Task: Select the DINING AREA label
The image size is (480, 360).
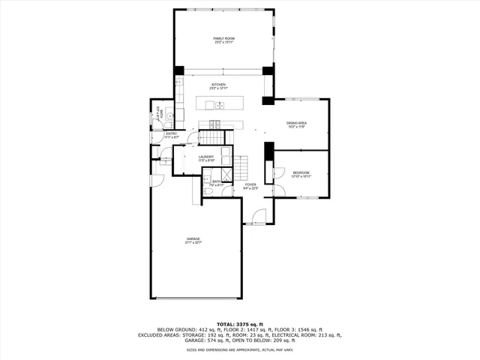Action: click(297, 124)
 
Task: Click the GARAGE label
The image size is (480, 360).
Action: click(193, 241)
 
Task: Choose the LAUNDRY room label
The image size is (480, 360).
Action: click(206, 158)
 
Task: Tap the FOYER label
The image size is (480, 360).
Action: click(250, 186)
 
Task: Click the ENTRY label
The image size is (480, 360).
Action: click(171, 136)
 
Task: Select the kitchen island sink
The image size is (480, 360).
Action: click(220, 104)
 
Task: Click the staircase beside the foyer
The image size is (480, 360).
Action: click(242, 166)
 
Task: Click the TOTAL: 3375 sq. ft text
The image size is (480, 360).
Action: click(239, 323)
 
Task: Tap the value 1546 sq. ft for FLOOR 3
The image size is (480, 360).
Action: click(308, 329)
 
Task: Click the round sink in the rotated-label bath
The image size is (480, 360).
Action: click(170, 115)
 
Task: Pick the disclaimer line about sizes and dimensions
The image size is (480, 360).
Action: click(240, 349)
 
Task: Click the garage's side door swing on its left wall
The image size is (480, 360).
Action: click(157, 181)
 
